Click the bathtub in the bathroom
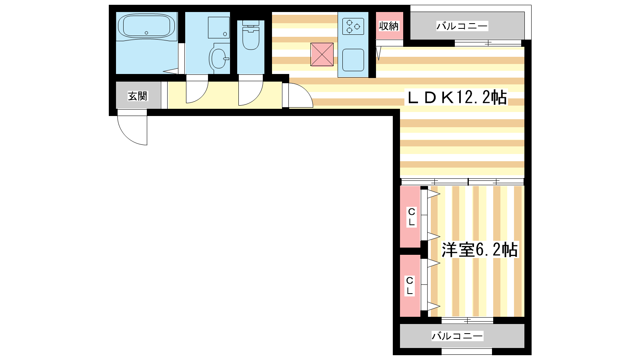[x=146, y=26]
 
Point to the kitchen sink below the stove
[x=353, y=60]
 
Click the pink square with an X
[x=322, y=54]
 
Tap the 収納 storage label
[x=388, y=26]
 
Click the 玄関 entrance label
[x=138, y=96]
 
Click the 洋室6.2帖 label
[x=480, y=250]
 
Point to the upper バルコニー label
[x=462, y=26]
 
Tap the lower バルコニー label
[x=457, y=336]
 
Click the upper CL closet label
[x=412, y=217]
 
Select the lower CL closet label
[x=410, y=286]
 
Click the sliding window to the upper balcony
[x=488, y=44]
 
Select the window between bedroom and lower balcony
[x=467, y=320]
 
